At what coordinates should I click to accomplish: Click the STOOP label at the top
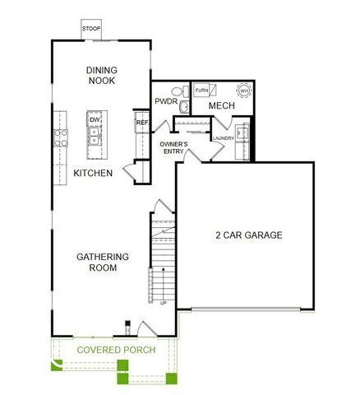[x=90, y=30]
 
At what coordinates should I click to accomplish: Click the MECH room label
[x=222, y=106]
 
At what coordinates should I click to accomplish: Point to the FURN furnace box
[x=201, y=90]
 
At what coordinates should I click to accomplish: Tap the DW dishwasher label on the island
[x=95, y=120]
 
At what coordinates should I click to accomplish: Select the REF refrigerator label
[x=141, y=123]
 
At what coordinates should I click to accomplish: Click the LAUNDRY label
[x=222, y=138]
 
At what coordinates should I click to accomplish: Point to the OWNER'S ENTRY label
[x=173, y=148]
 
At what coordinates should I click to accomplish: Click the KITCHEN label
[x=93, y=173]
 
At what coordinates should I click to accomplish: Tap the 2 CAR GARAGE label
[x=249, y=235]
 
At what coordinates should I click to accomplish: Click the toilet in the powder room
[x=184, y=106]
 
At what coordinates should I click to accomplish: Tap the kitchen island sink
[x=95, y=138]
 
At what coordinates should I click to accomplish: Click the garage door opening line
[x=247, y=311]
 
